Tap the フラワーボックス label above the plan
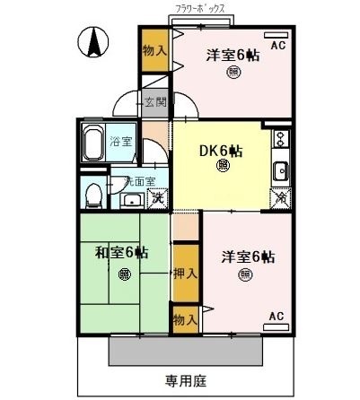click(207, 8)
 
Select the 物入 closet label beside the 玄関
click(154, 50)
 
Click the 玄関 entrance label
click(154, 101)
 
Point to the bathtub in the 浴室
click(93, 142)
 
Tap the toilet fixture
click(92, 194)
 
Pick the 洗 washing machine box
click(158, 198)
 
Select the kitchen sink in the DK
click(280, 170)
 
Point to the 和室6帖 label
click(122, 252)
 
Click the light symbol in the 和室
click(123, 274)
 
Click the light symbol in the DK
click(222, 165)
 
